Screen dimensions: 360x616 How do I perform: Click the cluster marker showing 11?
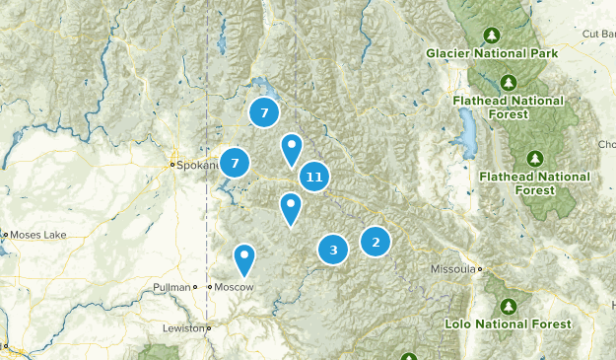tap(314, 178)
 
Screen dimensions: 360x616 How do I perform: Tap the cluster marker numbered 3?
tap(334, 250)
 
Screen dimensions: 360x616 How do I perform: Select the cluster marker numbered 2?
tap(376, 241)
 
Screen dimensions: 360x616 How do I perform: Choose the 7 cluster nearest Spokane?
tap(235, 162)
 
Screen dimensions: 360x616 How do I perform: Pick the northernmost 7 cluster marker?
tap(264, 112)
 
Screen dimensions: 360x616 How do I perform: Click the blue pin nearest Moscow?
tap(244, 259)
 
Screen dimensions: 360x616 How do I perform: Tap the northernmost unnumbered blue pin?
tap(292, 149)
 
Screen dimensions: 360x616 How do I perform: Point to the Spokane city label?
tap(197, 165)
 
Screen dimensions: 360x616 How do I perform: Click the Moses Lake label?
tap(35, 235)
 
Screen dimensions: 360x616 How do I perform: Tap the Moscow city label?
tap(235, 287)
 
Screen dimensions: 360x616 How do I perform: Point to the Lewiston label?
tap(184, 327)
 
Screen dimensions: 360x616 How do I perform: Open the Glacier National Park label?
tap(493, 52)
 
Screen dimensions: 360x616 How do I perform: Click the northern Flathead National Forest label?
tap(508, 107)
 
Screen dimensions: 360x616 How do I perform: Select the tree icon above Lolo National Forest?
tap(509, 304)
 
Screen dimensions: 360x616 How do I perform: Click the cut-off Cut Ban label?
tap(598, 34)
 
